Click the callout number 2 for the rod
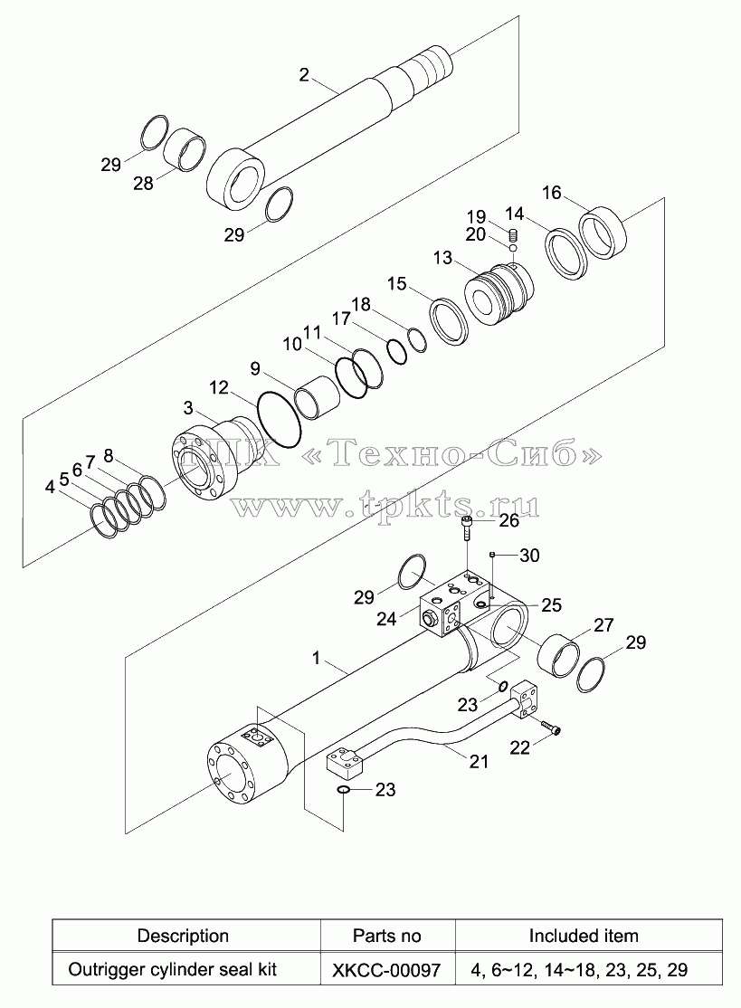(304, 74)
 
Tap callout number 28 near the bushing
(143, 183)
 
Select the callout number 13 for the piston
(443, 258)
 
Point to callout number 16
(551, 192)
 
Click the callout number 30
(529, 555)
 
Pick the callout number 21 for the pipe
(479, 761)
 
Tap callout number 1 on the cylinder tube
(316, 658)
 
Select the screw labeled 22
(551, 727)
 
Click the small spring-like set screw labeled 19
(514, 234)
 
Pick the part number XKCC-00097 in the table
(386, 969)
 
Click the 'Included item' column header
(584, 936)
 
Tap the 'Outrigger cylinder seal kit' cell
(172, 969)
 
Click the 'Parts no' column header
(387, 936)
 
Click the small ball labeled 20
(514, 248)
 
